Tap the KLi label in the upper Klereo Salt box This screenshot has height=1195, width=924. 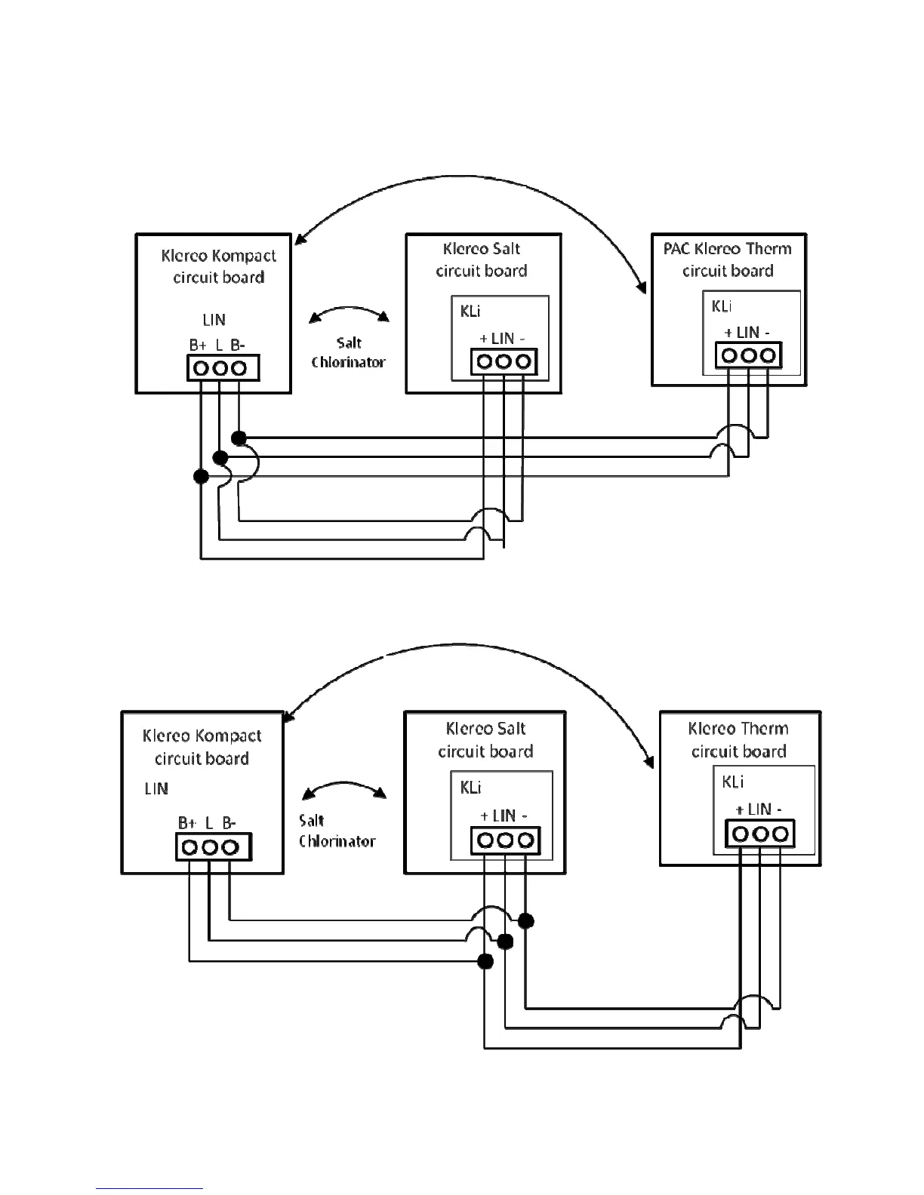pos(470,311)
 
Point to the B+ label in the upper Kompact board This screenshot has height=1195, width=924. pos(198,346)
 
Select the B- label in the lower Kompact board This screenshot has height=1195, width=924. pos(229,823)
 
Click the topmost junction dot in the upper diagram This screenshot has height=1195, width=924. pos(239,438)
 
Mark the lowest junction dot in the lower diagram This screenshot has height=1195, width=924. pos(485,961)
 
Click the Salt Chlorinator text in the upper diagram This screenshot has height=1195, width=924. pos(349,352)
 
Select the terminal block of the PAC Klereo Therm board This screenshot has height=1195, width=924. pos(748,355)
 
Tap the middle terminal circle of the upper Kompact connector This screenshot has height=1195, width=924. pos(220,368)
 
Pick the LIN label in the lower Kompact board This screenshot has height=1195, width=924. pos(156,789)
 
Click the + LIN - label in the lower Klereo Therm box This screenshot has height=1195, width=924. pos(759,809)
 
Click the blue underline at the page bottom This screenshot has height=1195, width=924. pos(149,1189)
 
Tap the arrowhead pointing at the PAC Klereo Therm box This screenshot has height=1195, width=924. pos(642,287)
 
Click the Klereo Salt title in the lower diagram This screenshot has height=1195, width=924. pos(485,729)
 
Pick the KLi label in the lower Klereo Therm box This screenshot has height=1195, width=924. pos(733,782)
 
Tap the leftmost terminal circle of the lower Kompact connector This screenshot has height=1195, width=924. pos(190,847)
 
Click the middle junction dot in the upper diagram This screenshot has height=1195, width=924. pos(220,457)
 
